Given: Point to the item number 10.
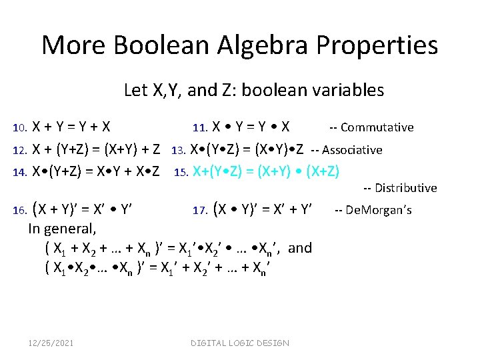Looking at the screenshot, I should (x=20, y=128).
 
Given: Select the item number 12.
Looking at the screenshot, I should (x=20, y=150).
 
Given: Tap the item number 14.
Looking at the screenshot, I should (x=20, y=172).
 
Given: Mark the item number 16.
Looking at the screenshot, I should (x=20, y=211).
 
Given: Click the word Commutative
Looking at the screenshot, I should (x=377, y=127).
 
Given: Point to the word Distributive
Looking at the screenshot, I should (x=406, y=188).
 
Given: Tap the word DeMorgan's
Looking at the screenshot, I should (x=379, y=211).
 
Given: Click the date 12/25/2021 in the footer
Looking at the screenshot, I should (x=51, y=343).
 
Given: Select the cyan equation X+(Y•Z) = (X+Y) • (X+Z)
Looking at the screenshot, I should (x=265, y=172).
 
